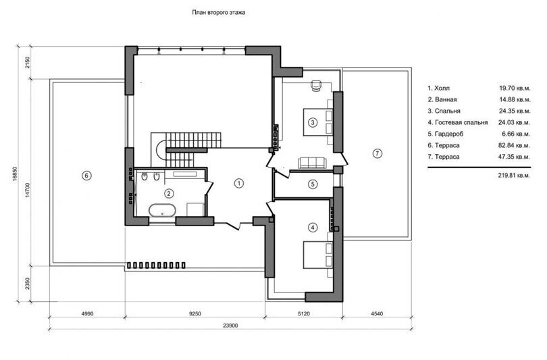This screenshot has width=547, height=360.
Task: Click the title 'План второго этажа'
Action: [219, 13]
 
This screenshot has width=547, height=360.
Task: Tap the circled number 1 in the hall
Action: [239, 184]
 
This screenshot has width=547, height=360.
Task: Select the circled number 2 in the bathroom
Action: [169, 193]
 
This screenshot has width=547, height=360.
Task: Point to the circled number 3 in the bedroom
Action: [313, 122]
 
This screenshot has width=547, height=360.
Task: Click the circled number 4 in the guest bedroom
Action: [313, 228]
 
